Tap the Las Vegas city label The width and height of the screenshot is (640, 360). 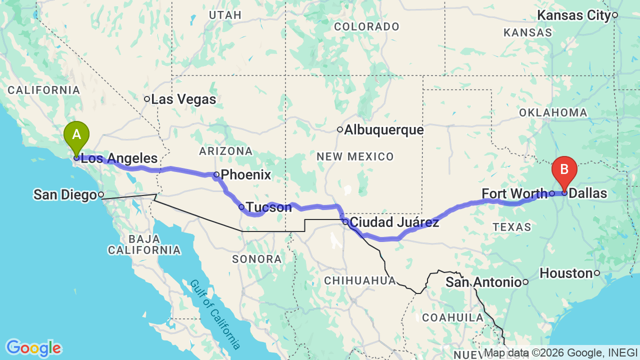click(x=183, y=99)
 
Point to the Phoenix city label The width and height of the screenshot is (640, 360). click(x=245, y=175)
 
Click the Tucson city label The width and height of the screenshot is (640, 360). click(x=268, y=207)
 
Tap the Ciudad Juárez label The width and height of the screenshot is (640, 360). click(x=394, y=222)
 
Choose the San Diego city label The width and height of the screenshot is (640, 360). click(x=65, y=194)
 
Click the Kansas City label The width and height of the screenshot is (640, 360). click(x=574, y=15)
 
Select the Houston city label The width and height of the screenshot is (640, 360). click(x=566, y=273)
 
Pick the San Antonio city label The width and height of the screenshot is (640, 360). click(x=483, y=282)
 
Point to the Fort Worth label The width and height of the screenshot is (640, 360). click(x=514, y=193)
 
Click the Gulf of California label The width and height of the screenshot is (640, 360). click(x=215, y=314)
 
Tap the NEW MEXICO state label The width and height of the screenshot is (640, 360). click(x=355, y=157)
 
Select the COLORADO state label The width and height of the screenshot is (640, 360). click(x=366, y=27)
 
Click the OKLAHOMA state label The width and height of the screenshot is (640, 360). click(x=553, y=112)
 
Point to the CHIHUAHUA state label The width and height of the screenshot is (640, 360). click(x=360, y=280)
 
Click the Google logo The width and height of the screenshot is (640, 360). click(x=33, y=348)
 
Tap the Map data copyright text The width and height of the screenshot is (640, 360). click(x=560, y=353)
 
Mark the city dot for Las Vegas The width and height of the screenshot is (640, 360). click(x=147, y=99)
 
